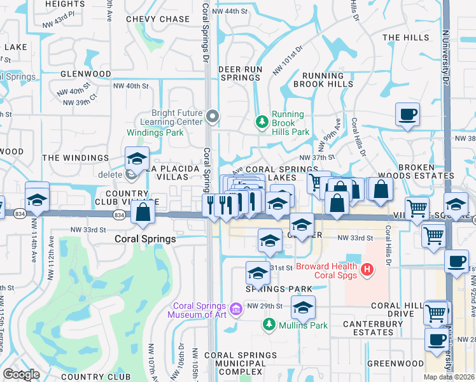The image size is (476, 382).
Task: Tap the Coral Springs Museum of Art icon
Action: pyautogui.click(x=236, y=310)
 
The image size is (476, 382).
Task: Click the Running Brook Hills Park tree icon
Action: pyautogui.click(x=261, y=121)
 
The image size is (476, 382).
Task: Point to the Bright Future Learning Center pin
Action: pyautogui.click(x=213, y=116)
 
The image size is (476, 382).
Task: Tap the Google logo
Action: pyautogui.click(x=22, y=374)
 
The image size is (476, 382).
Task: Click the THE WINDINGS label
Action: pyautogui.click(x=75, y=157)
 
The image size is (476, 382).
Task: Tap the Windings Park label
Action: pyautogui.click(x=155, y=133)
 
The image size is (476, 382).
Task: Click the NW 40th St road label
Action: pyautogui.click(x=130, y=86)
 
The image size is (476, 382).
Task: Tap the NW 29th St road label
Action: pyautogui.click(x=263, y=306)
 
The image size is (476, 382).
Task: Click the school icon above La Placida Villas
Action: pyautogui.click(x=137, y=158)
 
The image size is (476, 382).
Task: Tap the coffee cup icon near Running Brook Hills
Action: pyautogui.click(x=407, y=115)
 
